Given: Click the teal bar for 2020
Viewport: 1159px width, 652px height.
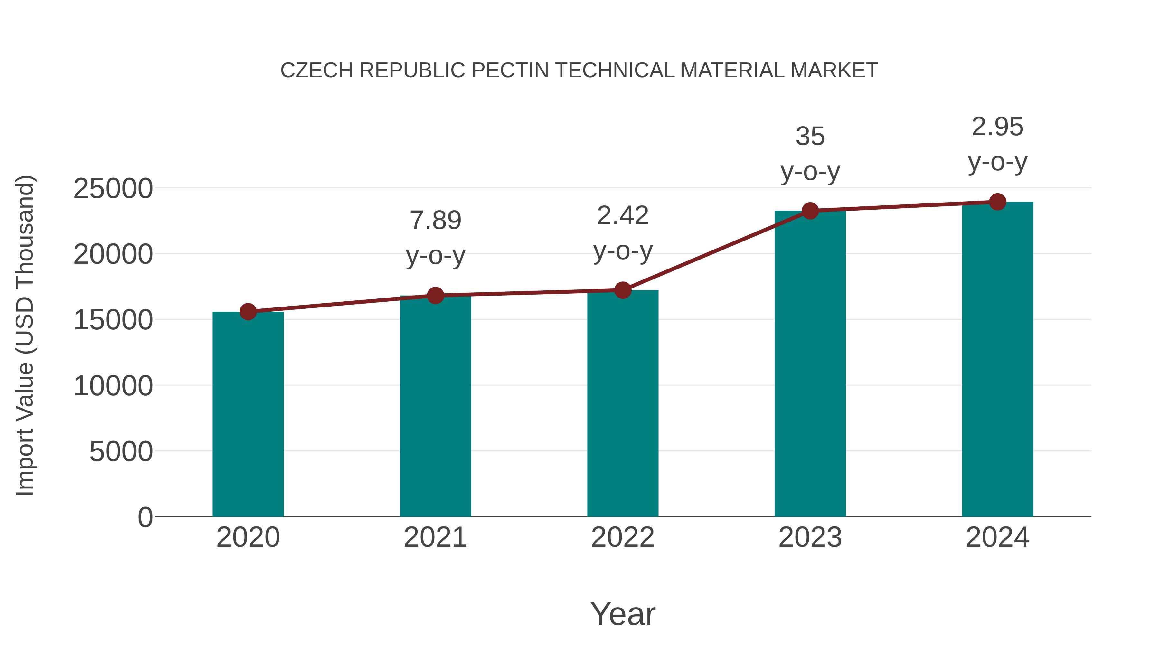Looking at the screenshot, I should coord(248,414).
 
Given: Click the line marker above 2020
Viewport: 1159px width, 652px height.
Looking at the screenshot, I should coord(248,311).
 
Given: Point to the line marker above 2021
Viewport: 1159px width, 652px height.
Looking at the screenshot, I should coord(435,296).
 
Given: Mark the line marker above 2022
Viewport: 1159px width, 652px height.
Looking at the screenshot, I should coord(623,290).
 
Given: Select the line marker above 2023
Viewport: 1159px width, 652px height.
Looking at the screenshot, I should coord(810,211).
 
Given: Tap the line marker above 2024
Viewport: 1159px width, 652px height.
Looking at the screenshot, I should coord(997,202).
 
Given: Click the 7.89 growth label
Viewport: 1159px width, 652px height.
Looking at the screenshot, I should coord(435,221).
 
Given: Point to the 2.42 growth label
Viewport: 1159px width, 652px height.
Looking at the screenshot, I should coord(623,215).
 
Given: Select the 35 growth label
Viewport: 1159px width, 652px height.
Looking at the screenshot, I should coord(810,136).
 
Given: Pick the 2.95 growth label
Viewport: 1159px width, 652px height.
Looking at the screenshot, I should coord(997,127).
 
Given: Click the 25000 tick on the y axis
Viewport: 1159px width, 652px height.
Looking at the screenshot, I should coord(113,189).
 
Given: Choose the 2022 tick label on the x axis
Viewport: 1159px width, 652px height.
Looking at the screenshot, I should coord(623,537).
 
